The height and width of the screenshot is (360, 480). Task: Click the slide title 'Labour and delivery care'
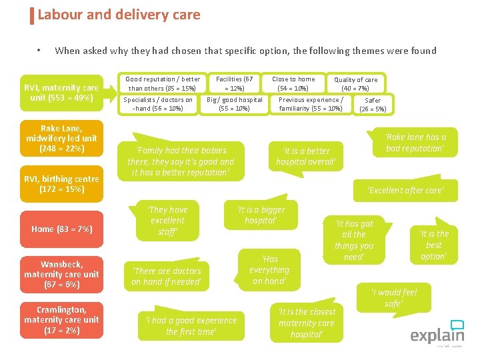(119, 15)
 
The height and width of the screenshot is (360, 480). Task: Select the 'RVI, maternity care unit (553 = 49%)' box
(61, 93)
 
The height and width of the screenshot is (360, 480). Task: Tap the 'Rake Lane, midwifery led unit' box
(61, 138)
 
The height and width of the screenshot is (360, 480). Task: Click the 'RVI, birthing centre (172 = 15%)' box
(61, 183)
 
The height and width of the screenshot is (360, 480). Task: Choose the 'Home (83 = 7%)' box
(61, 229)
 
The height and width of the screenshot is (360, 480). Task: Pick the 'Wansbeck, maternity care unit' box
(61, 274)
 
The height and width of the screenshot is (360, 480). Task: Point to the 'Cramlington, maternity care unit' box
(61, 319)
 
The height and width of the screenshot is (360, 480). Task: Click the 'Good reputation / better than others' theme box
(163, 83)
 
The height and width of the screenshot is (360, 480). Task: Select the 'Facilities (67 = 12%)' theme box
(234, 83)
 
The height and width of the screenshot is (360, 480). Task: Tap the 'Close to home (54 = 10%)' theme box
(293, 83)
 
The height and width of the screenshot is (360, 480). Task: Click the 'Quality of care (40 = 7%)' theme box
(355, 83)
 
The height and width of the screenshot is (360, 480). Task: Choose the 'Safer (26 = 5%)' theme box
(373, 105)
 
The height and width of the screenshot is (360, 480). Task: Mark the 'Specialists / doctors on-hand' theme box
(158, 104)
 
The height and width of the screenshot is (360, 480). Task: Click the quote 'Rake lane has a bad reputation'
(415, 143)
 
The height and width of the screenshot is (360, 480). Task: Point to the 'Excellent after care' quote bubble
(405, 191)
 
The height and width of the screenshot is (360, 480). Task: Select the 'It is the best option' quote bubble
(434, 245)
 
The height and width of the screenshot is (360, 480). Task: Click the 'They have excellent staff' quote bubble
(167, 221)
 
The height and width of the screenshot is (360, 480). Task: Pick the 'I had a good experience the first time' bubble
(191, 325)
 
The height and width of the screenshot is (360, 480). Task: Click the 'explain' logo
(437, 334)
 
